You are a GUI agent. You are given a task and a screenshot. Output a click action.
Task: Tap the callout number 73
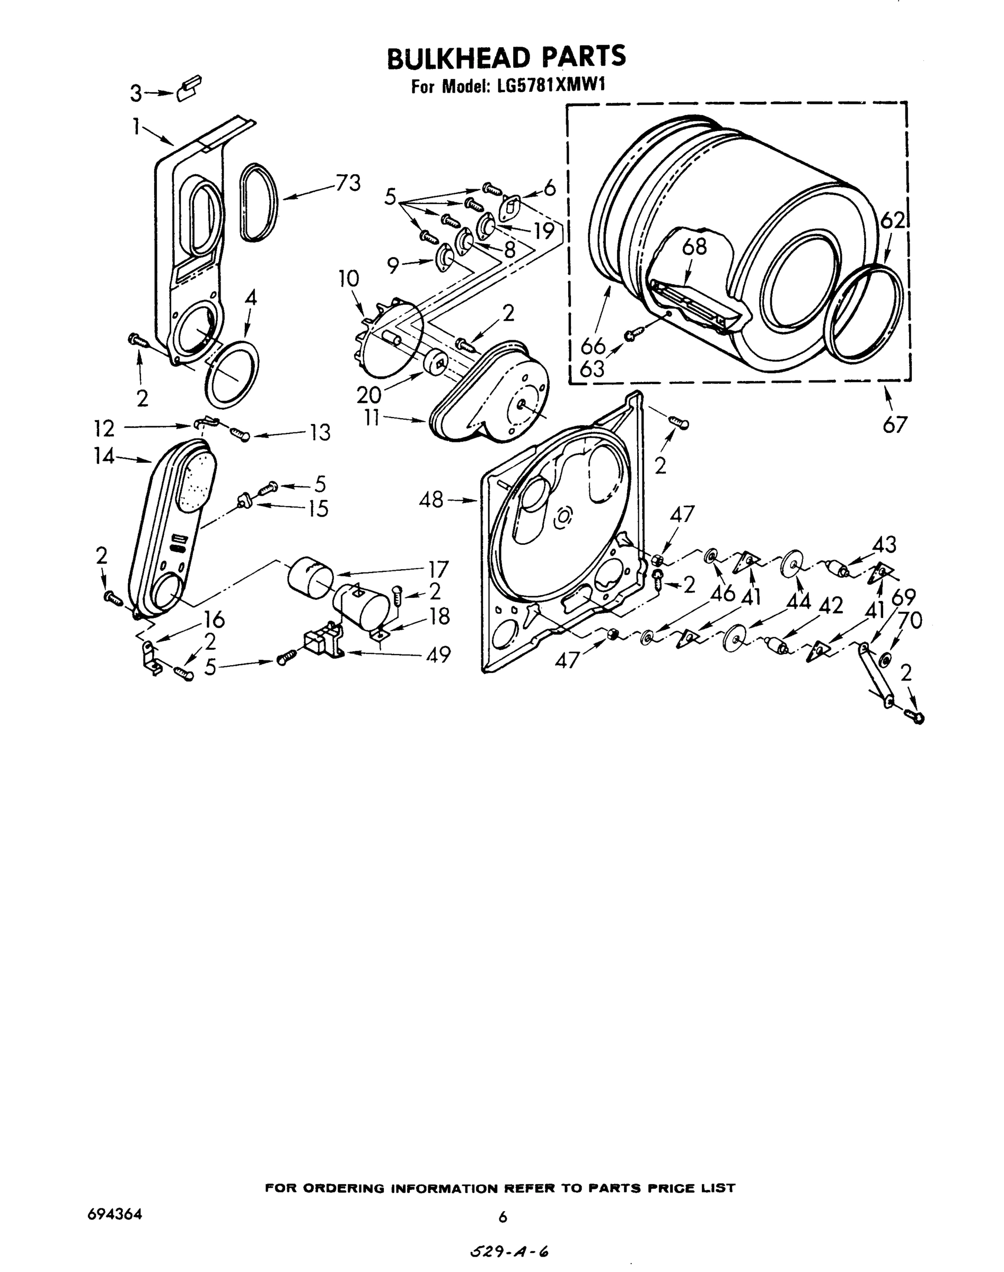click(x=347, y=183)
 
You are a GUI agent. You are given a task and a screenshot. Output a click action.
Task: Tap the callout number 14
click(x=104, y=456)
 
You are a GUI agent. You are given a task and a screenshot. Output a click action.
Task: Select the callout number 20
click(x=368, y=394)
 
